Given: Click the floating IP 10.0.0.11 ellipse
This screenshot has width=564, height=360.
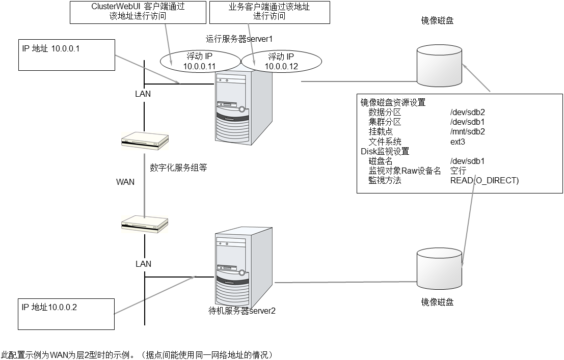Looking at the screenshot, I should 199,62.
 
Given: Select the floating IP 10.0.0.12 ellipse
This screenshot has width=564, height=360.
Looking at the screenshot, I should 281,62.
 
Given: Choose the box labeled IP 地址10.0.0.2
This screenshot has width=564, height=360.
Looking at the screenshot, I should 65,313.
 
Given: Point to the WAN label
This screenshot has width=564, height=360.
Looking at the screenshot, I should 125,182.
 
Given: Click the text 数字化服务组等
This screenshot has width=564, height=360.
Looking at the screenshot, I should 178,168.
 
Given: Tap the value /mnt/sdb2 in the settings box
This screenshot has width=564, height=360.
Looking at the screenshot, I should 467,131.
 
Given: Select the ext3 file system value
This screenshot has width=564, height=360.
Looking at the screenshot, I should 458,142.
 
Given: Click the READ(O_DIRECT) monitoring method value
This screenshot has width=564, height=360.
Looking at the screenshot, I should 484,180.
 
